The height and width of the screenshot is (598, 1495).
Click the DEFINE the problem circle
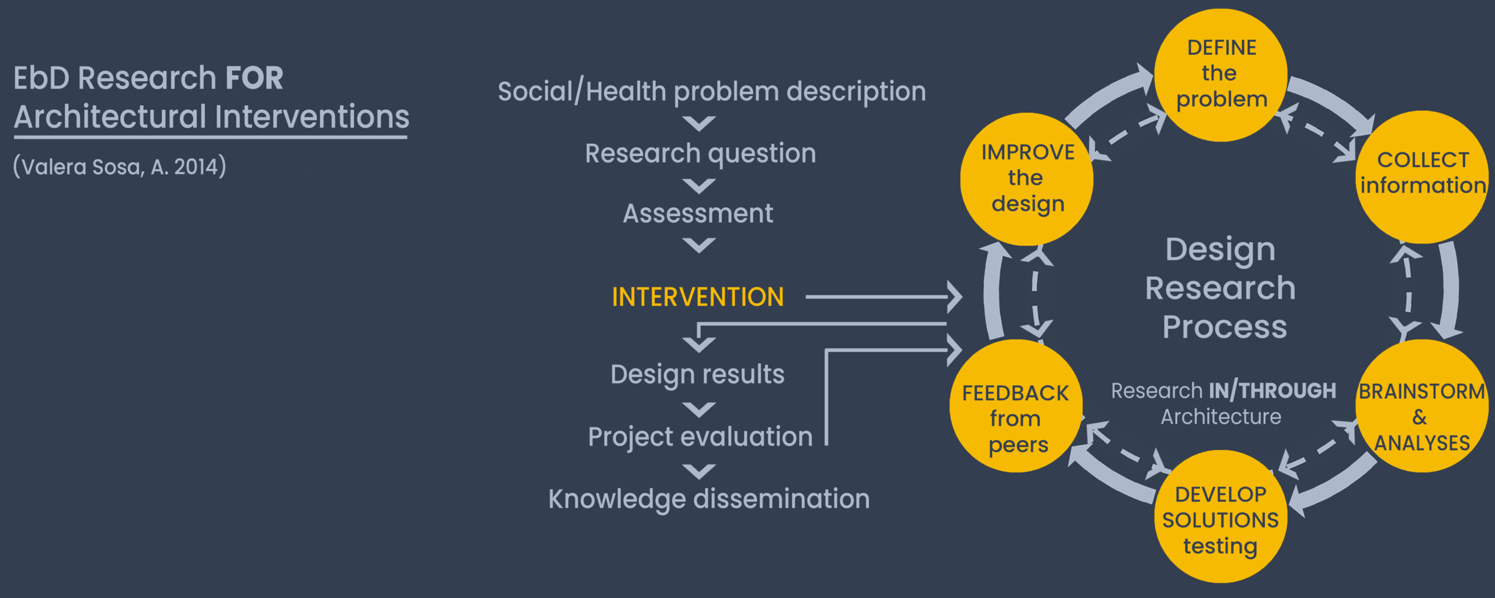point(1221,75)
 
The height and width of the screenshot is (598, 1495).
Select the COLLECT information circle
point(1422,177)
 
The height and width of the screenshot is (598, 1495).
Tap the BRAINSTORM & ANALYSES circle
point(1422,406)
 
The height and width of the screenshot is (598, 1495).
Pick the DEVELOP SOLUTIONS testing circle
point(1221,516)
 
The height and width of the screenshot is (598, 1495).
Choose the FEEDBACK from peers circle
point(1016,406)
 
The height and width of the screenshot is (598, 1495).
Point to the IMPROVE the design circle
point(1027,179)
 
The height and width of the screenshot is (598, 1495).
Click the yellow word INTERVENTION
point(698,297)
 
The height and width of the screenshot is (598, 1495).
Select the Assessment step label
point(698,213)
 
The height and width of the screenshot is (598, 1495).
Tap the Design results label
point(697,375)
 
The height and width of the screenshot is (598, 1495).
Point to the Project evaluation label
point(700,437)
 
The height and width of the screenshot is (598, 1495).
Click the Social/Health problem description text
point(712,92)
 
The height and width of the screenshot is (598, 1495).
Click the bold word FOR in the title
point(254,78)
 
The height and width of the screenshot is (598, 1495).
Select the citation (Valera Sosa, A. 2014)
point(120,167)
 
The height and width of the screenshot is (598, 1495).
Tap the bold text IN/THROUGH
point(1273,390)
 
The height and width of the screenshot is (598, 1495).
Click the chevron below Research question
point(699,186)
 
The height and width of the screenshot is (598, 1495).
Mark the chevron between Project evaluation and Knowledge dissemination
point(699,471)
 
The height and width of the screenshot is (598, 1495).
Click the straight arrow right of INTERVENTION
point(884,297)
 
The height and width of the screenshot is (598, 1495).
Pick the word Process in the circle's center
point(1225,328)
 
